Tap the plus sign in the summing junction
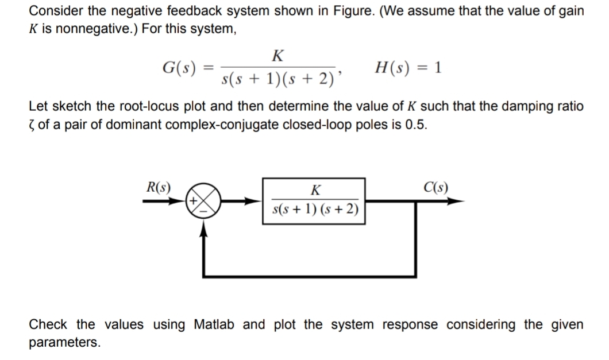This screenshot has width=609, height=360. pos(195,202)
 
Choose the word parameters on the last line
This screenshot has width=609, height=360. pos(64,343)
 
